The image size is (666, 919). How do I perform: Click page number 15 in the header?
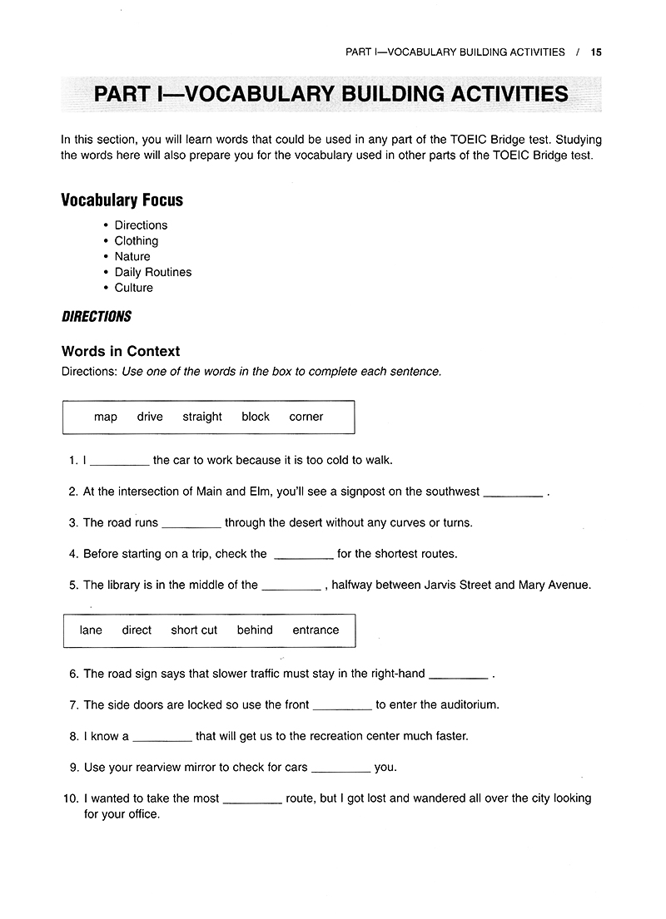[595, 52]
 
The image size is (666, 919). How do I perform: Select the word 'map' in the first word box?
[106, 417]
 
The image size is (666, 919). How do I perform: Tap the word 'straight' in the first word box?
[202, 417]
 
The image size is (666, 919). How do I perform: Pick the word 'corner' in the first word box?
[306, 417]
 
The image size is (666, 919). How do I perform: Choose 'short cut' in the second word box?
[194, 630]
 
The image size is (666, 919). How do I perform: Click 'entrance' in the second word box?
[316, 630]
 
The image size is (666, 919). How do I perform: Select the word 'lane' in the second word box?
[91, 630]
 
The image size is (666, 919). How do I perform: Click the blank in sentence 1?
[119, 462]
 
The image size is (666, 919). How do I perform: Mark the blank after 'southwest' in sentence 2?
[513, 493]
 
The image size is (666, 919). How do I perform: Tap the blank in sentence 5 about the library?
[291, 586]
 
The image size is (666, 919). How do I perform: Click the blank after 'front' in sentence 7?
[342, 706]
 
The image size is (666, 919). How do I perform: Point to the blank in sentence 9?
[340, 768]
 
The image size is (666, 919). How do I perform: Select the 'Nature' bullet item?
[132, 256]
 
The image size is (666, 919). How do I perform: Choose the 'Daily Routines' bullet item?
[153, 272]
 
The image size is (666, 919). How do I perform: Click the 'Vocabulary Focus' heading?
[122, 200]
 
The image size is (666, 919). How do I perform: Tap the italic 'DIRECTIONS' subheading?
[97, 317]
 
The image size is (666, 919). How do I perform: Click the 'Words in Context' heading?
[121, 351]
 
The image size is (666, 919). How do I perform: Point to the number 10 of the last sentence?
[70, 798]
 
